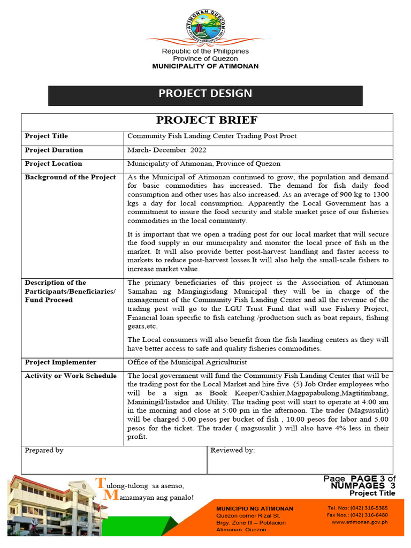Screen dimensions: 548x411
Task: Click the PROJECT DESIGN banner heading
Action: coord(205,94)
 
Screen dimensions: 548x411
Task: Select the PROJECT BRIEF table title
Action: coord(207,120)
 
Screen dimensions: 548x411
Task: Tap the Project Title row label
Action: coord(47,136)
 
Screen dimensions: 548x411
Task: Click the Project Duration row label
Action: coord(54,150)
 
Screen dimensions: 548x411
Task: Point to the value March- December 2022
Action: coord(166,150)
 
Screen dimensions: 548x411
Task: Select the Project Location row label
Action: coord(54,164)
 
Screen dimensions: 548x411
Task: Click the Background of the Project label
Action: coord(70,177)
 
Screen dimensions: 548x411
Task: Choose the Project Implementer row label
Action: coord(60,362)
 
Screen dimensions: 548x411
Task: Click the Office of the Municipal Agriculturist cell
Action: coord(187,362)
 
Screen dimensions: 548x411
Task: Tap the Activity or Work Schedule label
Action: coord(71,376)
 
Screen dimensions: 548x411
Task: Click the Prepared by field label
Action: coord(44,451)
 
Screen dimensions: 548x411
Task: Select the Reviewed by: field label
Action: coord(233,451)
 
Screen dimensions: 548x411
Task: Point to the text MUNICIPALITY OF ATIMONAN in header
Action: coord(205,66)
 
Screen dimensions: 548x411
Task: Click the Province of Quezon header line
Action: coord(205,58)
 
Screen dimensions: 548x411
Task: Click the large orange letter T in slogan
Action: coord(99,483)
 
